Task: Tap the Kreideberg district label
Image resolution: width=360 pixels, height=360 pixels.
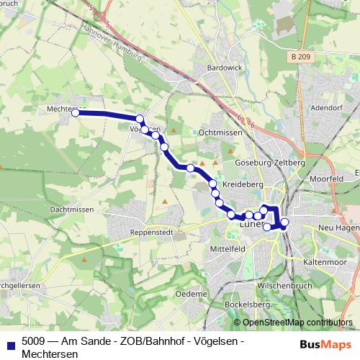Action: pos(243,184)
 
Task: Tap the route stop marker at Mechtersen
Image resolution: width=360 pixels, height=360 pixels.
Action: pos(75,112)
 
